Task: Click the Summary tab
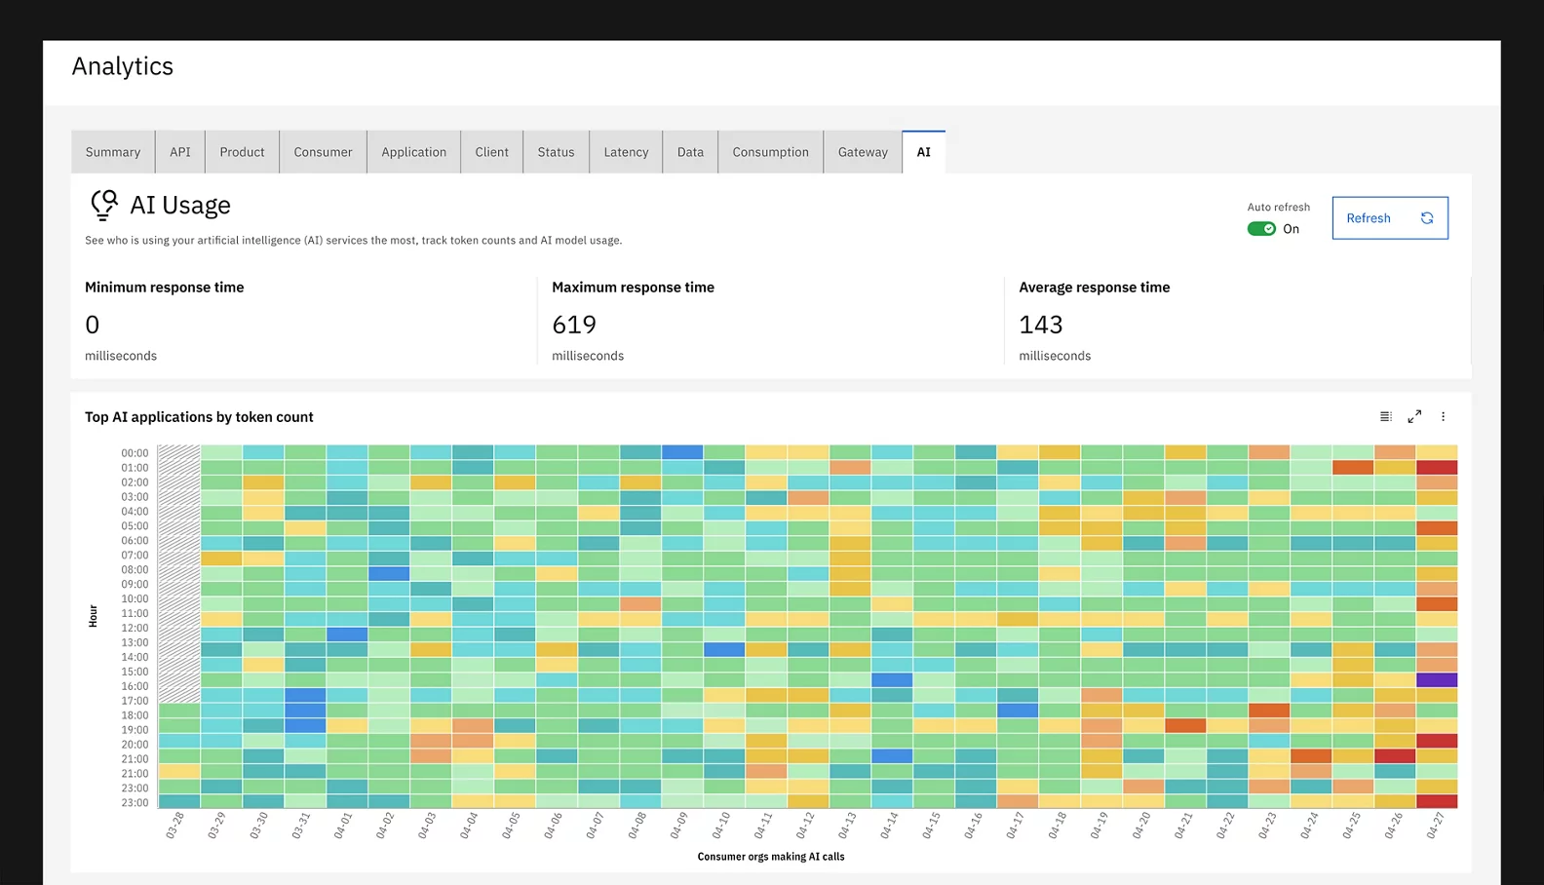coord(113,152)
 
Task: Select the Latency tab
coord(626,152)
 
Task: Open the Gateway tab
coord(863,152)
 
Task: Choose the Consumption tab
coord(770,152)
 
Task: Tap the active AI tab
coord(923,152)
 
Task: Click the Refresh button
coord(1389,218)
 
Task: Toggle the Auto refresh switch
coord(1261,229)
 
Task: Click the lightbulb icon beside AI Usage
coord(104,205)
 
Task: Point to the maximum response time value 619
coord(574,325)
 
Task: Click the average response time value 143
coord(1041,325)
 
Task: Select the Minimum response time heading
coord(165,288)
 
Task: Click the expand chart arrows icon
coord(1414,416)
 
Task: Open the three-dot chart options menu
coord(1444,416)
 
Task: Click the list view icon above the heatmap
coord(1385,416)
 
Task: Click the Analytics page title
coord(123,66)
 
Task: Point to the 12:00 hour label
coord(135,629)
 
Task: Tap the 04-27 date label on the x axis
coord(1435,826)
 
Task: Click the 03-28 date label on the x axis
coord(175,826)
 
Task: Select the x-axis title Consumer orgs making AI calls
coord(771,857)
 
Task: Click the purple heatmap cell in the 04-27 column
coord(1437,679)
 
